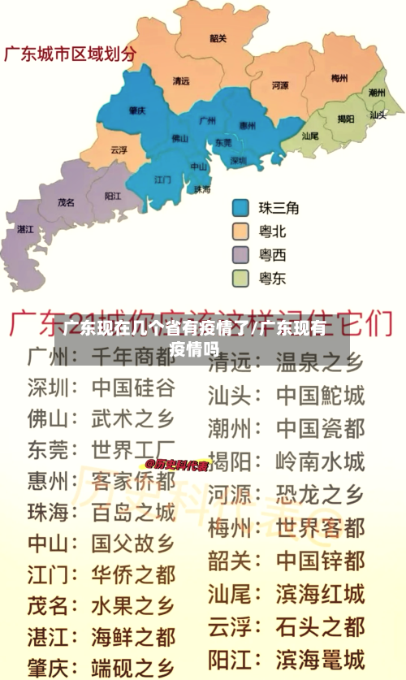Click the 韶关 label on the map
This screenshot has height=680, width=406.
(x=218, y=37)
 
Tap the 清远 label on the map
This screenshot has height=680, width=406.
(x=181, y=81)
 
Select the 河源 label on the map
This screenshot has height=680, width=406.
(x=280, y=84)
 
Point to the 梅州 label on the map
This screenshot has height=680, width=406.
(x=339, y=79)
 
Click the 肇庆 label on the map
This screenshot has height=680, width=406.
(x=137, y=110)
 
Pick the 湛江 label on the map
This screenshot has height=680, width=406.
(x=25, y=229)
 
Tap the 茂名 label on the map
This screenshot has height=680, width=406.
(x=67, y=201)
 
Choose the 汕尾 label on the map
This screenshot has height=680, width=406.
(x=309, y=136)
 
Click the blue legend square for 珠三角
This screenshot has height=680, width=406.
(x=241, y=208)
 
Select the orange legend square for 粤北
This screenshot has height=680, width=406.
(x=241, y=232)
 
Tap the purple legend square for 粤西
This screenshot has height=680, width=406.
(x=241, y=255)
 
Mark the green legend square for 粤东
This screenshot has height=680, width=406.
(x=241, y=279)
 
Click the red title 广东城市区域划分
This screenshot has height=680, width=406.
(x=71, y=54)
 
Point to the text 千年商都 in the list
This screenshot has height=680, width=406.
(x=132, y=357)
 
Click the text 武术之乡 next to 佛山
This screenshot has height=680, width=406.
(x=132, y=418)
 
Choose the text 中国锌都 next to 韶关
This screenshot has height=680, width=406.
(x=320, y=561)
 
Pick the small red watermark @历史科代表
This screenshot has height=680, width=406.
(x=177, y=466)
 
